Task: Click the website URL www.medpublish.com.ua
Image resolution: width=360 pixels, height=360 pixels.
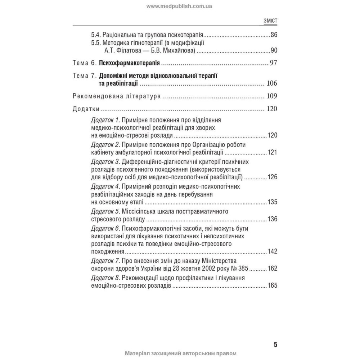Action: (179, 6)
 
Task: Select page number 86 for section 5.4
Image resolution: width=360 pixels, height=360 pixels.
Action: (274, 35)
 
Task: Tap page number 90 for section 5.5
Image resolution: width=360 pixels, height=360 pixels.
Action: (274, 50)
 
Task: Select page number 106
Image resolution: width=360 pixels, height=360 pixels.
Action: (271, 84)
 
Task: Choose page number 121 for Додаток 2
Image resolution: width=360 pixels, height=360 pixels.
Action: (272, 152)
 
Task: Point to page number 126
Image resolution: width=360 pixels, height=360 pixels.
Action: (272, 177)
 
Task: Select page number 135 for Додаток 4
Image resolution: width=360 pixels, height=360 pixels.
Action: (272, 202)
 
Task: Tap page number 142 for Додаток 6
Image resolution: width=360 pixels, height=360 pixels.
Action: (272, 251)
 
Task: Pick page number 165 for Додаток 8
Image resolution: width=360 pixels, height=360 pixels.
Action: (272, 285)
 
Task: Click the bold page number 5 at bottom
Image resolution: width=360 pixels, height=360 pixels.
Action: (275, 345)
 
